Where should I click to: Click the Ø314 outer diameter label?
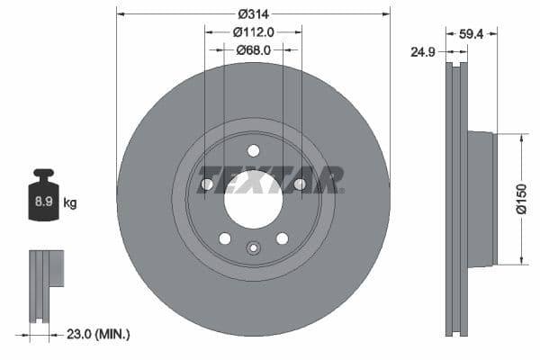click(255, 13)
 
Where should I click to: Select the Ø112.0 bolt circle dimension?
click(254, 31)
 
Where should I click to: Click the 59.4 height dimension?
click(472, 35)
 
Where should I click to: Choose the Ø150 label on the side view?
click(520, 199)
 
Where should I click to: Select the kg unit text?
click(69, 203)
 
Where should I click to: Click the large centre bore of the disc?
click(253, 200)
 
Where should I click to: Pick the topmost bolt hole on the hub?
click(253, 150)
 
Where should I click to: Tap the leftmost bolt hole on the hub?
click(206, 184)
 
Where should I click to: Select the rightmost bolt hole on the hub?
click(300, 184)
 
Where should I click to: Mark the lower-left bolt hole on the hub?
click(224, 238)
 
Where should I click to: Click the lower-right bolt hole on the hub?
click(282, 238)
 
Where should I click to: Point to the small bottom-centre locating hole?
click(253, 249)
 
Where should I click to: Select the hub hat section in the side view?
click(481, 199)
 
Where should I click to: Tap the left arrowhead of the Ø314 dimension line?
click(120, 13)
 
